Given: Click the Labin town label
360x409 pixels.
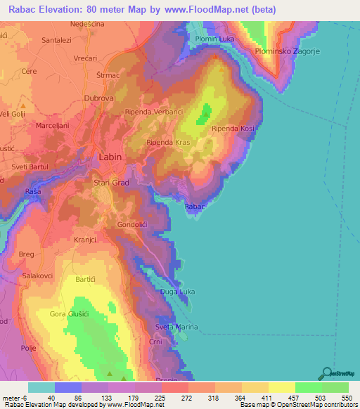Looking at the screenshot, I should coord(111,158).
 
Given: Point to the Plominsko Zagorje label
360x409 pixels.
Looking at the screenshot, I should coord(288,51).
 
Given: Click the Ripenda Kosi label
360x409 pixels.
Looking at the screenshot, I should coord(233,128).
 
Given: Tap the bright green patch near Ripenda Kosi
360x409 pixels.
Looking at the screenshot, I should coord(206,112).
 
